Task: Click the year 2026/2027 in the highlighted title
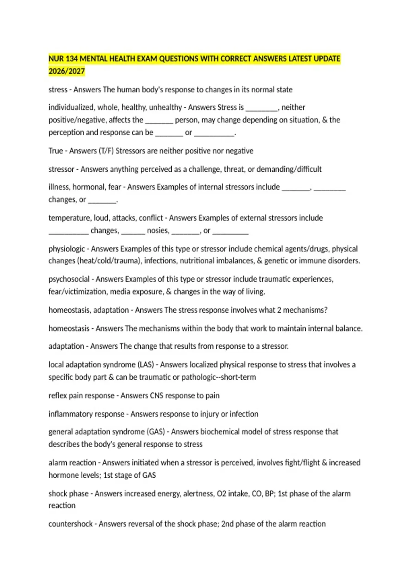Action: coord(67,71)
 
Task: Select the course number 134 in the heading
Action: coord(71,59)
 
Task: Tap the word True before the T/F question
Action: coord(56,151)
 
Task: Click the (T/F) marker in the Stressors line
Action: coord(106,151)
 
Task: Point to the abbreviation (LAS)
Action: coord(146,364)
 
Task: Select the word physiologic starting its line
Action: coord(67,249)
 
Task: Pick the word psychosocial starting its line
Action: coord(69,279)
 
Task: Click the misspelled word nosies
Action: coord(158,231)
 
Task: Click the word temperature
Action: coord(69,218)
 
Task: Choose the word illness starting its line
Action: coord(59,187)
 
